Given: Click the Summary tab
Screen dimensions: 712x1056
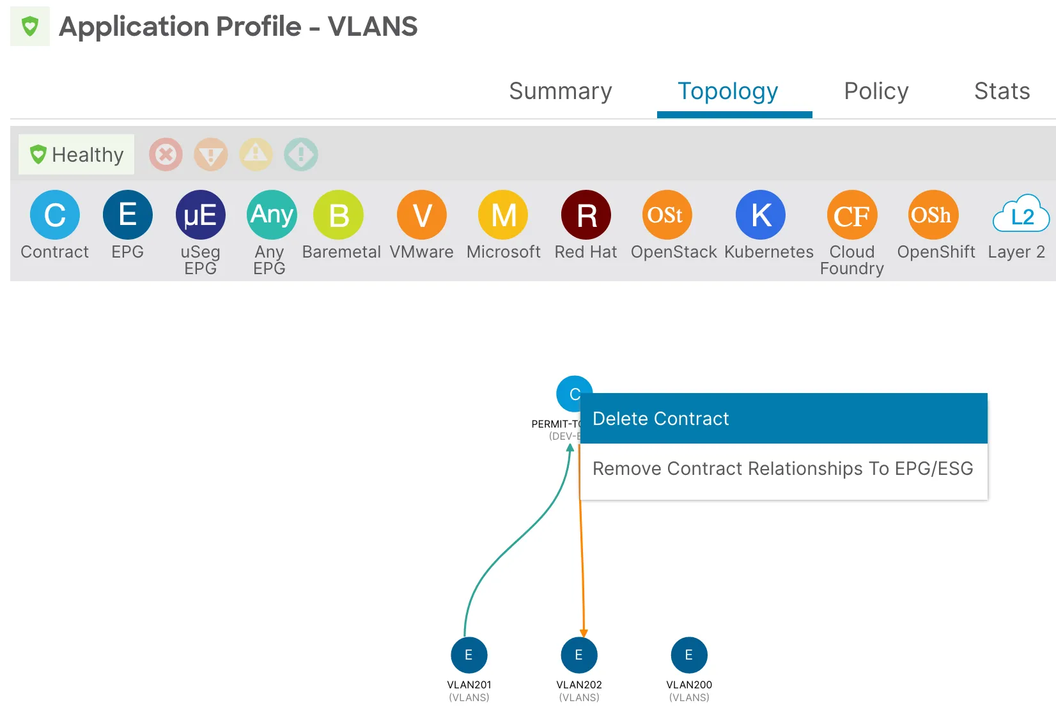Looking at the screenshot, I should click(x=560, y=91).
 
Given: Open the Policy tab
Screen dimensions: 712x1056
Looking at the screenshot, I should click(x=876, y=91).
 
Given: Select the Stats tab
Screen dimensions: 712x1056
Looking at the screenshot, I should click(x=1002, y=91).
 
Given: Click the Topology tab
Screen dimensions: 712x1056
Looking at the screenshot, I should click(x=727, y=91).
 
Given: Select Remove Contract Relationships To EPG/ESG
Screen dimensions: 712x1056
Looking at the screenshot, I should click(x=783, y=469).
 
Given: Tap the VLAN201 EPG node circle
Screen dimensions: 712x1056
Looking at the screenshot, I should click(x=469, y=655).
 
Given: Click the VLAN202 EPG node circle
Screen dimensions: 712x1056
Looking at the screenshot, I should click(x=579, y=655).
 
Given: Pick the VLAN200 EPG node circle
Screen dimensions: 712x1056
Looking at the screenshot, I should click(x=689, y=655).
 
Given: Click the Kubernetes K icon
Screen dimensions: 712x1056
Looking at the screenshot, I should click(x=761, y=215).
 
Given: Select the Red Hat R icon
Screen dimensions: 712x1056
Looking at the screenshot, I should click(x=586, y=215).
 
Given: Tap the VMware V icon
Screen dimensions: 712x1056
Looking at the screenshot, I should click(x=422, y=215).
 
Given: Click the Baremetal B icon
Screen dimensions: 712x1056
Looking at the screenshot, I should click(x=339, y=215).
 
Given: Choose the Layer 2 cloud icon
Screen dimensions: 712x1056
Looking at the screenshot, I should click(x=1021, y=215).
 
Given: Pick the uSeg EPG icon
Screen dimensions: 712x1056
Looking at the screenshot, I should click(x=201, y=215).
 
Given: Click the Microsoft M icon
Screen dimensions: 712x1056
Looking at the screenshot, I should click(x=504, y=215).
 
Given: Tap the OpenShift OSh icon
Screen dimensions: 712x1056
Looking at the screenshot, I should click(x=933, y=215).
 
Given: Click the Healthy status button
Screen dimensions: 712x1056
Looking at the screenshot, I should click(x=77, y=155).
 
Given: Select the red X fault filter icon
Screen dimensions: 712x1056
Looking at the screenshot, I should click(x=166, y=155).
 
